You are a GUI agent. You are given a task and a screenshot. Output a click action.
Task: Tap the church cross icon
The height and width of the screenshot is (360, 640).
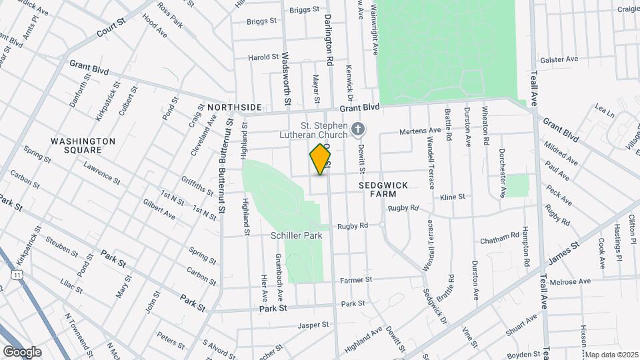pos(358,129)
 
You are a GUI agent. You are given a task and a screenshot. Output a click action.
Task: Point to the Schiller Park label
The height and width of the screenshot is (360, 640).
pos(297,235)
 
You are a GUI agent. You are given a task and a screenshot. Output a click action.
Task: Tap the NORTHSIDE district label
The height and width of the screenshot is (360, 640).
pos(234,107)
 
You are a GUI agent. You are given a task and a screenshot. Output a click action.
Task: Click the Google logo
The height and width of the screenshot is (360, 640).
pos(22,351)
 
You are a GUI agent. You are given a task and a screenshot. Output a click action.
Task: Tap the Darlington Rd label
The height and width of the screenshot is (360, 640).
pos(329,41)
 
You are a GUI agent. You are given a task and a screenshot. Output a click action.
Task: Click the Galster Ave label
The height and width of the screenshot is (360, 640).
pos(559,59)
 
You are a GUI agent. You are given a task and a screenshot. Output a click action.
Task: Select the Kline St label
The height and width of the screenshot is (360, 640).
pos(453,197)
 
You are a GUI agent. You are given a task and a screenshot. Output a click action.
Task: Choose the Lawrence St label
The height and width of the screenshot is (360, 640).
pos(101,175)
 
